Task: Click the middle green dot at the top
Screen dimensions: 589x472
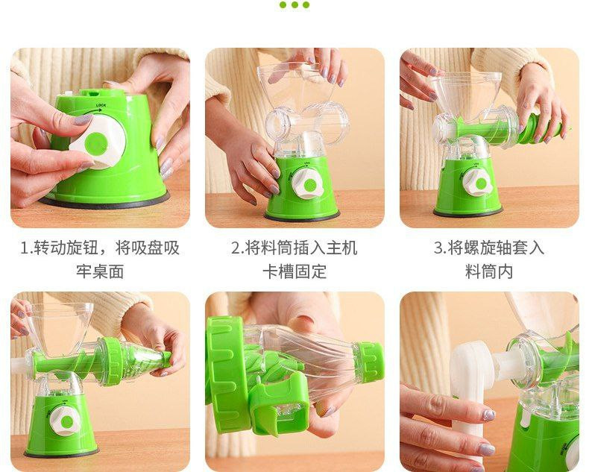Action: point(294,5)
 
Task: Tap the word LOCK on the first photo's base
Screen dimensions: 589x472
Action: point(101,106)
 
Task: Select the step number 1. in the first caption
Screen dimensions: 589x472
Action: point(27,248)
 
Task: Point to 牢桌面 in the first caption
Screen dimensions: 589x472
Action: point(100,271)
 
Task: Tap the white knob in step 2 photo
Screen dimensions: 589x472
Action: point(308,183)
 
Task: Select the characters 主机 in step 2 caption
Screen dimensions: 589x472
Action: point(341,248)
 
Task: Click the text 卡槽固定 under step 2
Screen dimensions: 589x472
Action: point(294,271)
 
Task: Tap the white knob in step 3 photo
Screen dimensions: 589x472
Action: point(477,183)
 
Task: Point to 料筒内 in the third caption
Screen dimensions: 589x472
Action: point(489,271)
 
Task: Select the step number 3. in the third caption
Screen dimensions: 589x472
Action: point(440,248)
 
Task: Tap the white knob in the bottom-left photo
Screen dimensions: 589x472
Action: point(65,421)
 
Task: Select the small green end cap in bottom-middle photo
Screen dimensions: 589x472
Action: point(369,358)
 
